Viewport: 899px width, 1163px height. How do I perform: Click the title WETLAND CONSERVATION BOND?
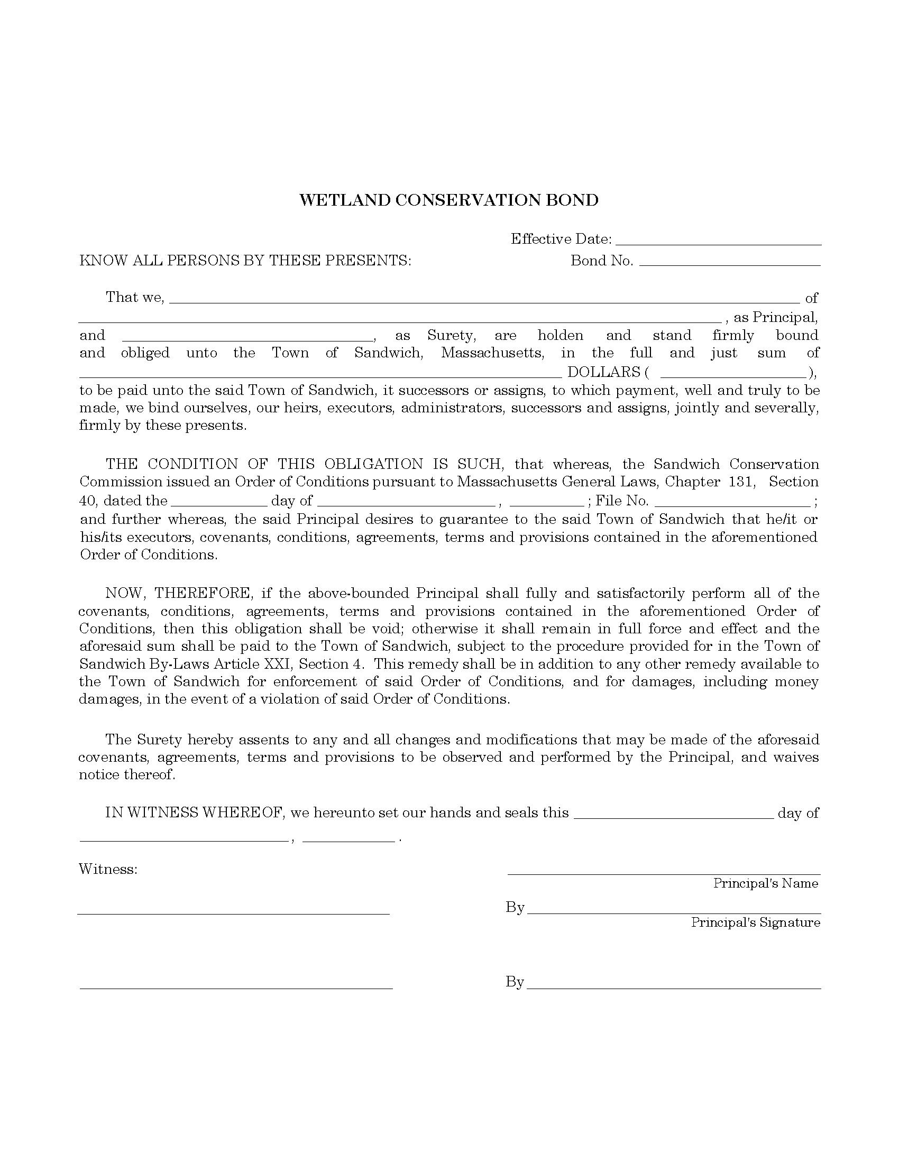click(x=449, y=200)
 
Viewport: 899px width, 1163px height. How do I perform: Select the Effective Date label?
click(x=561, y=239)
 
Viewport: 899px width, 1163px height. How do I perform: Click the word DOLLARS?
click(x=603, y=372)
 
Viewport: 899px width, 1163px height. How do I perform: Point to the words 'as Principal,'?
click(x=775, y=318)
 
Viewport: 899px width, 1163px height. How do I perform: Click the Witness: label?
click(x=108, y=869)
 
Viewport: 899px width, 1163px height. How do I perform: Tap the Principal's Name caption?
click(x=765, y=883)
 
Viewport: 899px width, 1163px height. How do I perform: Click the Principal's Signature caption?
click(x=755, y=922)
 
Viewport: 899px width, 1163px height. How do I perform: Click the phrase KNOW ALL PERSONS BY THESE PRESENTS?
click(x=245, y=261)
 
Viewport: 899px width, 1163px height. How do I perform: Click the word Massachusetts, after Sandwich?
click(x=492, y=353)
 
